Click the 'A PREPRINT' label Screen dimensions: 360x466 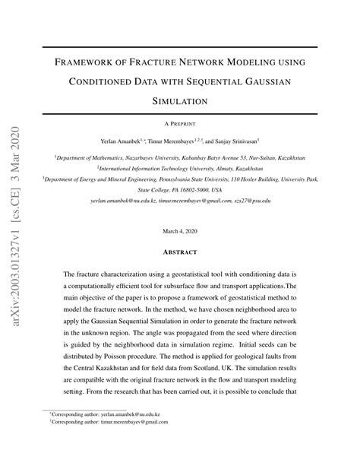(x=180, y=122)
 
